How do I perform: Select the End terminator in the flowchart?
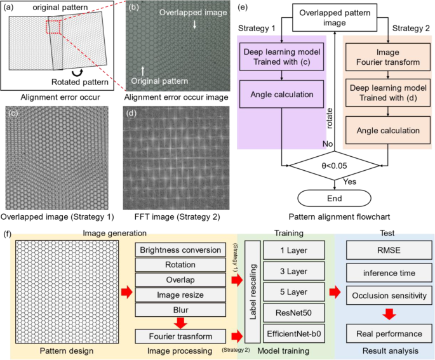coord(334,199)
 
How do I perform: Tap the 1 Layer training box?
coord(294,250)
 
